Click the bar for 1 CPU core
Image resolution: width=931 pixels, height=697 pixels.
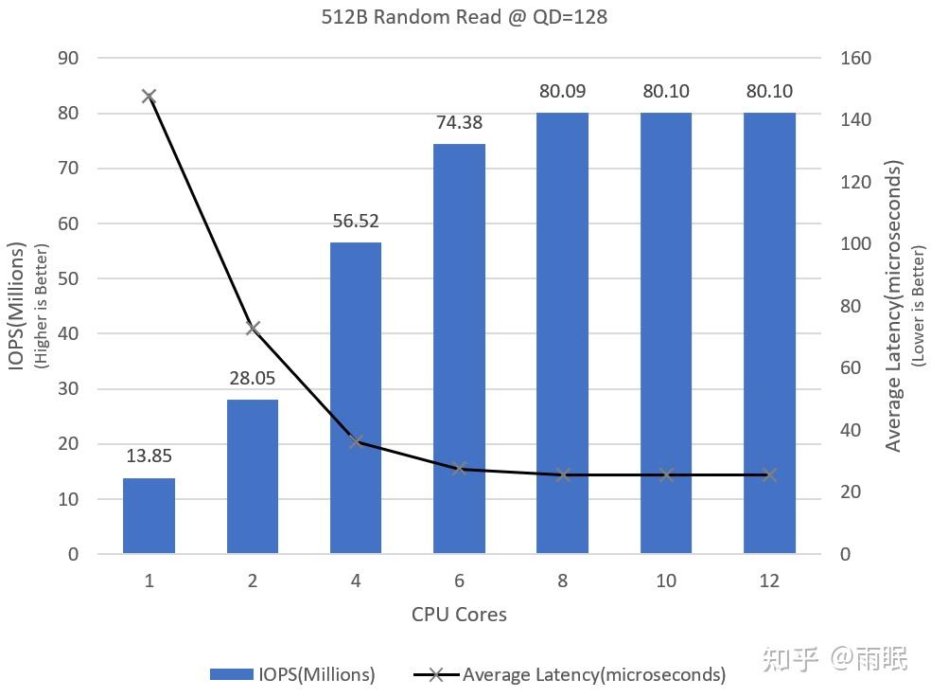pos(149,516)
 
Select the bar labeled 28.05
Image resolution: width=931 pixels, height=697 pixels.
pos(253,476)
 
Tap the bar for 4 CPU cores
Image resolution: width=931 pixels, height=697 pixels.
pos(356,398)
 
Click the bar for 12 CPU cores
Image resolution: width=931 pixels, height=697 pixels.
pos(769,332)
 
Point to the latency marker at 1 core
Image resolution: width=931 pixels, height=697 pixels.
pos(149,96)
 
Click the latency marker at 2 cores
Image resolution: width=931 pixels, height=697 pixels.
pos(253,329)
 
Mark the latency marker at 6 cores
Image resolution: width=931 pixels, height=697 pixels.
pos(459,468)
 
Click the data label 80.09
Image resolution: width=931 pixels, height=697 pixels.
pos(563,92)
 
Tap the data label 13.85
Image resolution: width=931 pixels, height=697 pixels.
pos(149,456)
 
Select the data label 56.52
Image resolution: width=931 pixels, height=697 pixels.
pos(356,221)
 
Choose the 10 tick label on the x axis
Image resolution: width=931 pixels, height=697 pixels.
pos(666,581)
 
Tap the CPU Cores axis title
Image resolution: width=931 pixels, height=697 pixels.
pos(459,615)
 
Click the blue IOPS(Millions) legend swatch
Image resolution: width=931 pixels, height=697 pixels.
pos(232,674)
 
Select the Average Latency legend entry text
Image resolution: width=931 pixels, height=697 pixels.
pos(594,674)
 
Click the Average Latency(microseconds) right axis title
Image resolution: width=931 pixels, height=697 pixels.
pos(894,305)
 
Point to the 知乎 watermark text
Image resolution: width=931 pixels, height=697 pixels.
pos(791,659)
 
